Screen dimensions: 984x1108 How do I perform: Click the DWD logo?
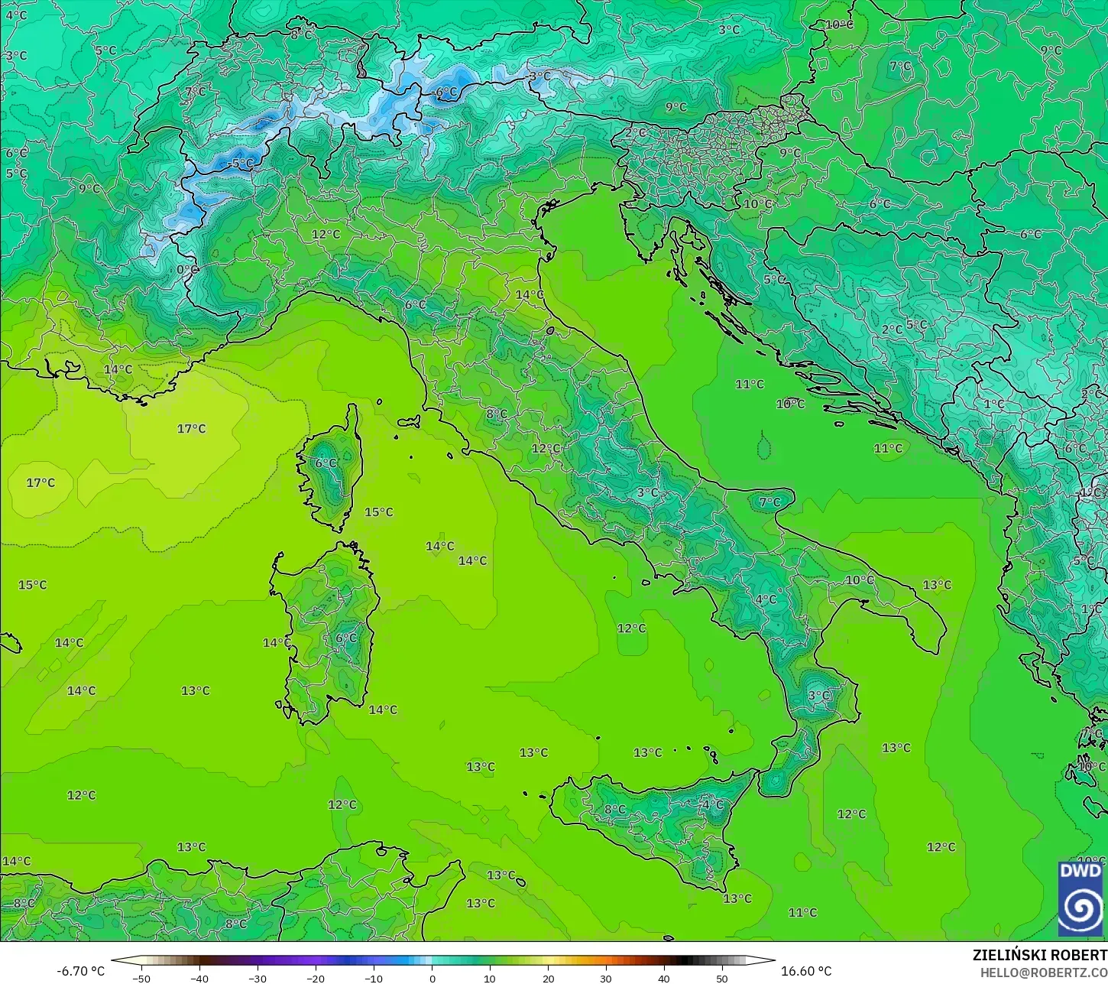tap(1080, 899)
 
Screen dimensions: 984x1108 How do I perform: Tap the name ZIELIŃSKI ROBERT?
tap(1039, 956)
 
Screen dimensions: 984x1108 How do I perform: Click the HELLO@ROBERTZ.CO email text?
tap(1044, 972)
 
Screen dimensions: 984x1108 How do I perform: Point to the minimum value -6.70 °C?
tap(81, 971)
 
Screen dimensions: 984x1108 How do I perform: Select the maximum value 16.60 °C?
tap(806, 971)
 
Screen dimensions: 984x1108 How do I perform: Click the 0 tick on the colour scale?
tap(432, 978)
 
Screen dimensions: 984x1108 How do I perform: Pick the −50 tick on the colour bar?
tap(141, 978)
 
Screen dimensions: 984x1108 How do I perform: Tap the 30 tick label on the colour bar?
tap(606, 978)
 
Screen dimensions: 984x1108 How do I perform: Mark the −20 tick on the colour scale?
tap(316, 978)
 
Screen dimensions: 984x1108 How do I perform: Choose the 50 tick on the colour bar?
tap(722, 978)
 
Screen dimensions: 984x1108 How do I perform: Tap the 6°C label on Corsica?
tap(326, 463)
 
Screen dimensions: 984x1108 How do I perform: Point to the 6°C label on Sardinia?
tap(346, 638)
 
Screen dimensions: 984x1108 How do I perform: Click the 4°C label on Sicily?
tap(712, 805)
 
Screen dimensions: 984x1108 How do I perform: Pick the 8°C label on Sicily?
tap(614, 810)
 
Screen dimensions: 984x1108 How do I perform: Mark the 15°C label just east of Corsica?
tap(378, 512)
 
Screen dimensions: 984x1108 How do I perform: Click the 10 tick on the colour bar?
tap(490, 978)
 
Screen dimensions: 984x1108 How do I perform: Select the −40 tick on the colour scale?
tap(199, 978)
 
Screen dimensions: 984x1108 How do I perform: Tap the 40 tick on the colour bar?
tap(664, 978)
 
